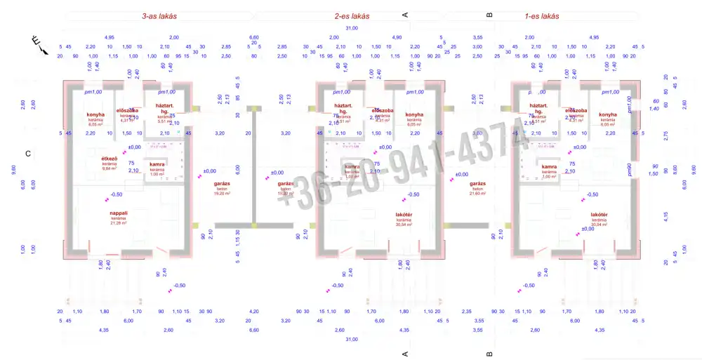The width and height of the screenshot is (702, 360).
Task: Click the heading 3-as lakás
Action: (159, 15)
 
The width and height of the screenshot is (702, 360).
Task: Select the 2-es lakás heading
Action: (352, 15)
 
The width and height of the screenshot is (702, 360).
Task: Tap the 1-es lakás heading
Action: (542, 15)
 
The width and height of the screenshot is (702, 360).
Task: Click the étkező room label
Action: (110, 159)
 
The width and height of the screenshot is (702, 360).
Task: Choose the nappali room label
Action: (118, 213)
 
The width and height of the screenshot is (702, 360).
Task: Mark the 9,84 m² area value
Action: (110, 168)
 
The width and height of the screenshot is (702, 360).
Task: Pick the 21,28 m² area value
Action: (118, 223)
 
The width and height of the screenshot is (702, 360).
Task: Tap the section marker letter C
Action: (28, 154)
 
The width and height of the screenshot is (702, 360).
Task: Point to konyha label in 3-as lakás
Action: (95, 114)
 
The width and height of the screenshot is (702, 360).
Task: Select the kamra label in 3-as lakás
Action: (157, 164)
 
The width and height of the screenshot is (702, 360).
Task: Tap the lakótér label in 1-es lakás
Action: (599, 215)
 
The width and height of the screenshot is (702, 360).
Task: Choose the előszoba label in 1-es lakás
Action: (576, 111)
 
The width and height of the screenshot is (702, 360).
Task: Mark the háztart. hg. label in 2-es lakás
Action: (343, 108)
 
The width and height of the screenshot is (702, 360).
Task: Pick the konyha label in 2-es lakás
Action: (414, 114)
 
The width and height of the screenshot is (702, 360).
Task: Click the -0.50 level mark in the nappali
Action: (116, 194)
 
